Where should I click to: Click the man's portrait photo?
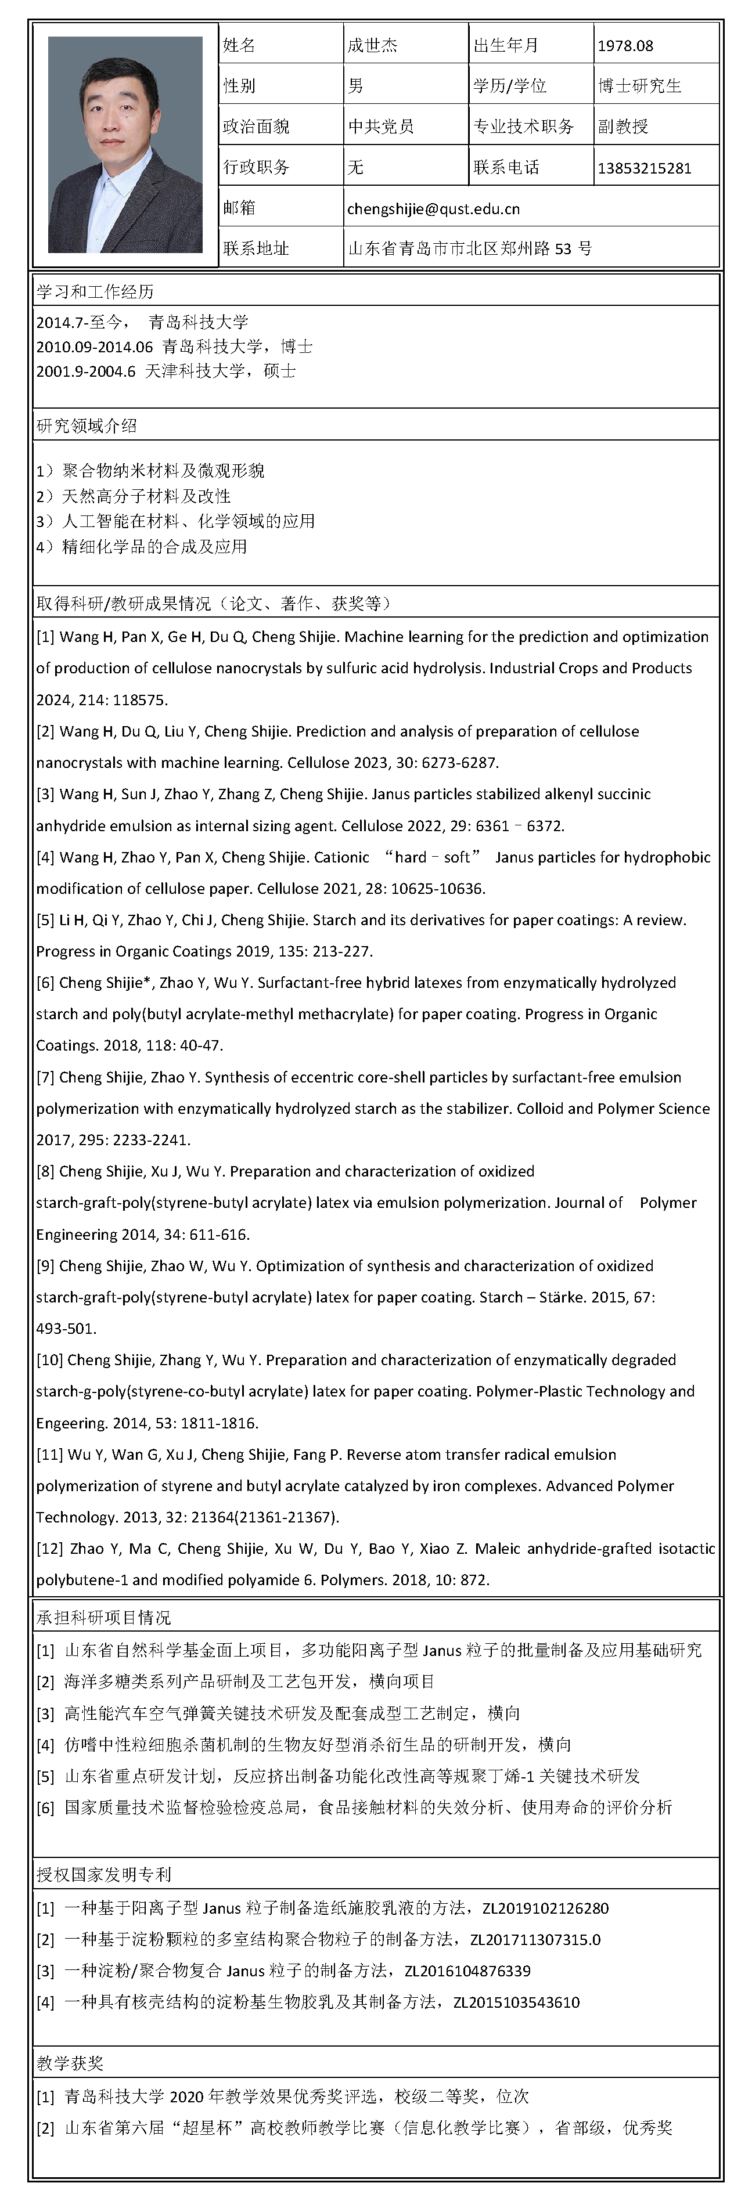click(125, 145)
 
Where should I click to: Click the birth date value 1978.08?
click(625, 46)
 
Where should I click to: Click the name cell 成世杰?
click(373, 45)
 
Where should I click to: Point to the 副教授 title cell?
click(623, 127)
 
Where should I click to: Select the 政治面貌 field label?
click(256, 127)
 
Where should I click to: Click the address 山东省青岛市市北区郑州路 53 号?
click(469, 248)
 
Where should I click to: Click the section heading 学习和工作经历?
click(95, 292)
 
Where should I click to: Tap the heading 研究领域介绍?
click(87, 425)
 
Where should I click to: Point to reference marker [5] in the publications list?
click(45, 920)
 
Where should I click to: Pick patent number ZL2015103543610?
click(516, 2002)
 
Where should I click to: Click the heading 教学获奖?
click(70, 2064)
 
